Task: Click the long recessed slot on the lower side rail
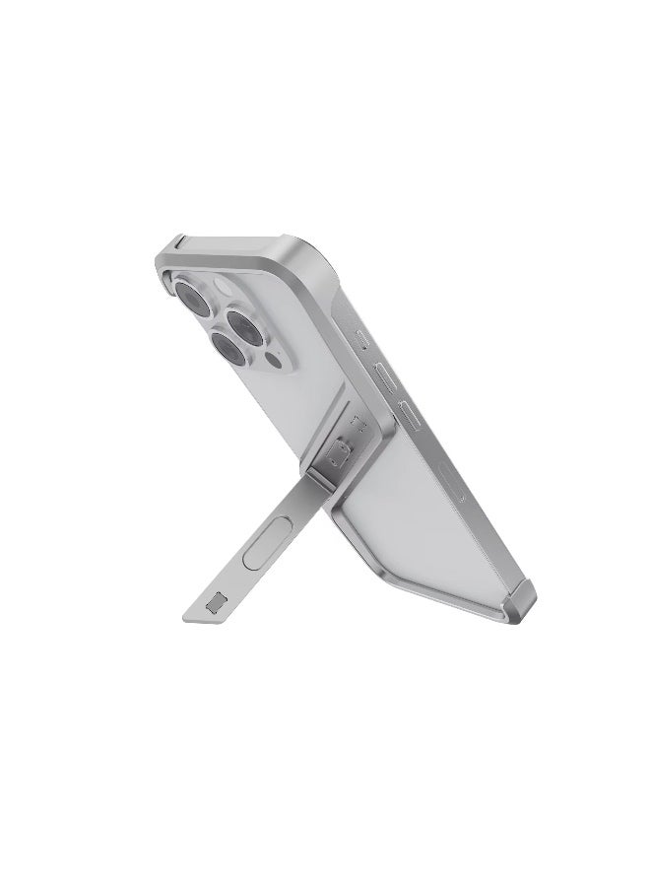[x=452, y=482]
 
